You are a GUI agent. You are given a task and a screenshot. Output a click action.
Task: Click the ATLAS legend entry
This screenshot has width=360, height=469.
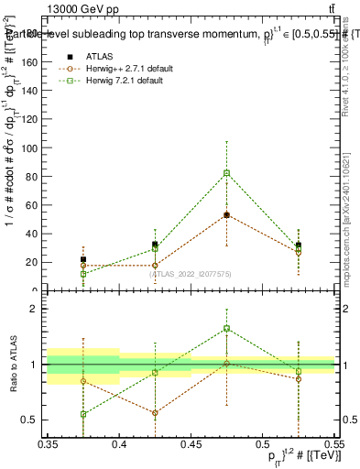click(100, 55)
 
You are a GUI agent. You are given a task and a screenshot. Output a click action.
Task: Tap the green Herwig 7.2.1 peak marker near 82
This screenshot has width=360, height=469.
click(226, 172)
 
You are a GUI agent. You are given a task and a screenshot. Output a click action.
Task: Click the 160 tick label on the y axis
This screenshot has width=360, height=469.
click(34, 62)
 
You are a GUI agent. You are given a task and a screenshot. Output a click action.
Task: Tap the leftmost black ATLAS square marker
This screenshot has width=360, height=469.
click(83, 259)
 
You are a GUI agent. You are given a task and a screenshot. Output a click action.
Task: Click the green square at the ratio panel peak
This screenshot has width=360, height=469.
click(226, 328)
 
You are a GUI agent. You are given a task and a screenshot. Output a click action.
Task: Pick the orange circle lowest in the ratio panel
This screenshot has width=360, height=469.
click(155, 413)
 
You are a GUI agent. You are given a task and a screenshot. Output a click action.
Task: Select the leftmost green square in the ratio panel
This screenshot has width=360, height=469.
click(83, 414)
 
